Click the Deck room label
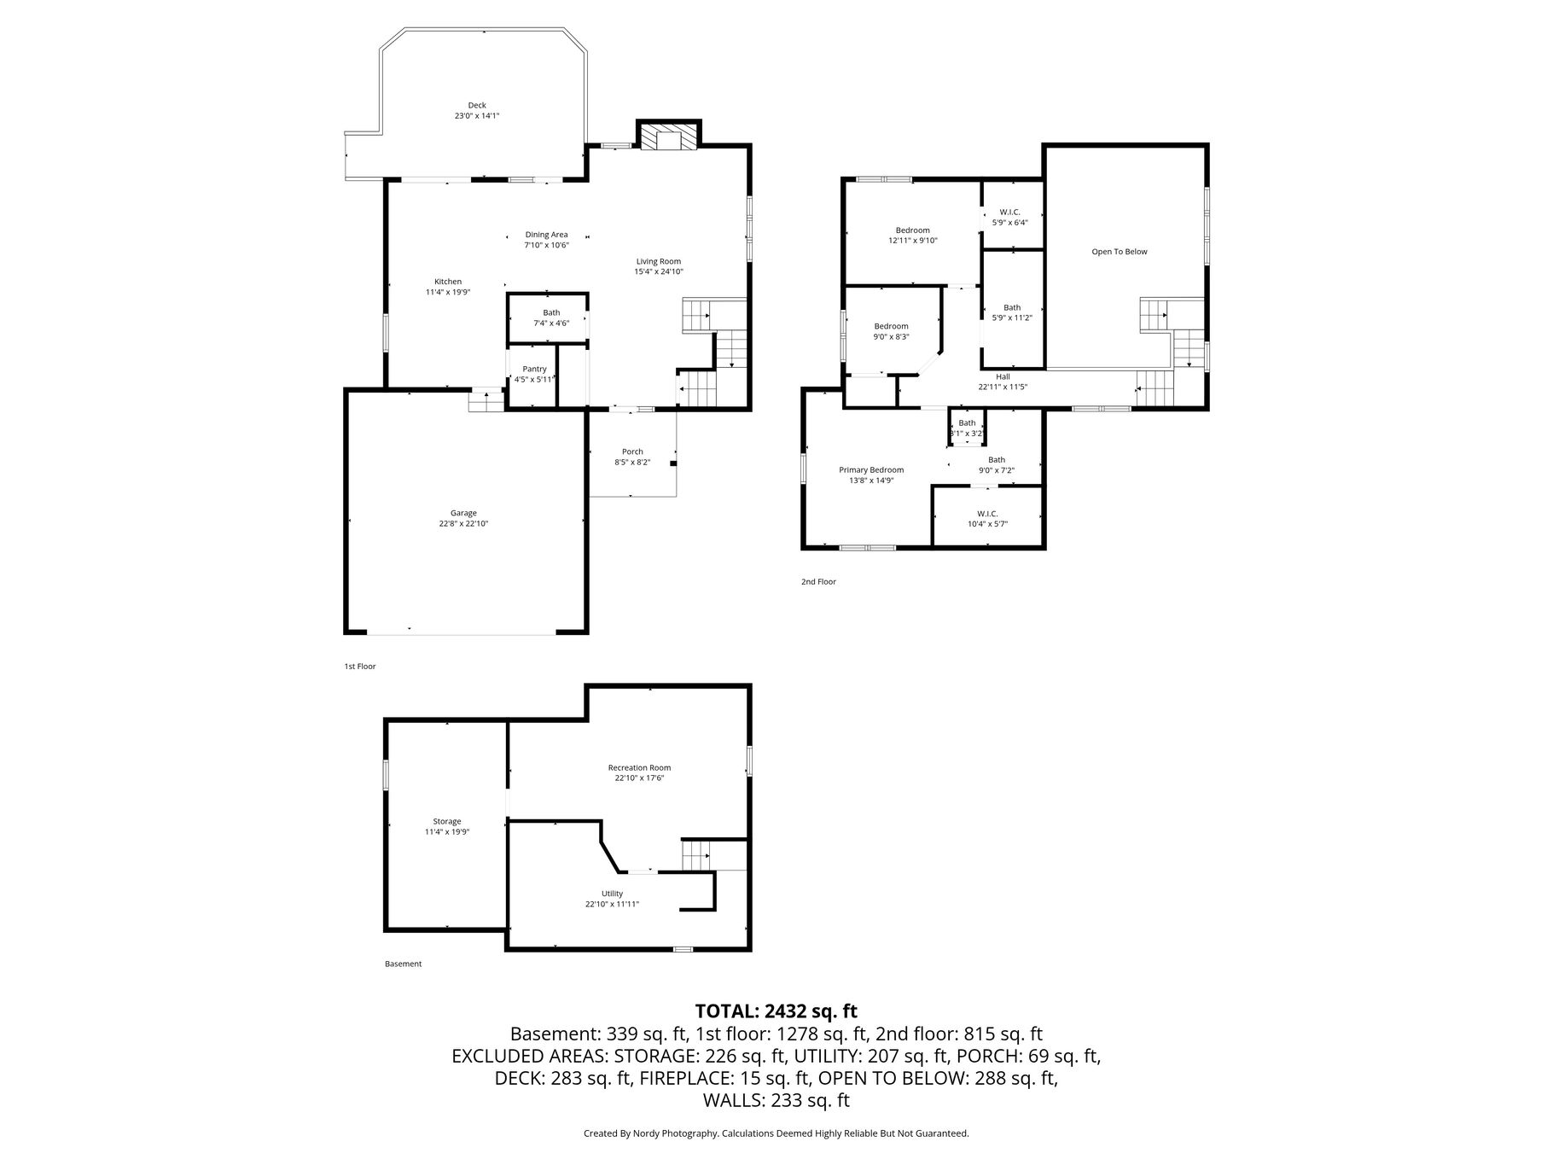tap(477, 105)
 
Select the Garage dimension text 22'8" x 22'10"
tap(464, 524)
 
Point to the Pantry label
tap(534, 369)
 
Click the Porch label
tap(632, 451)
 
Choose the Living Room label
tap(659, 261)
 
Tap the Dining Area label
tap(546, 235)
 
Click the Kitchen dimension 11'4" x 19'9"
tap(448, 292)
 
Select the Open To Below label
tap(1120, 252)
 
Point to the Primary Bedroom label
tap(871, 470)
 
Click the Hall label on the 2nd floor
tap(1003, 376)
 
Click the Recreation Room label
tap(639, 767)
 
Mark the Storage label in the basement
tap(447, 821)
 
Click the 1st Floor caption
tap(359, 667)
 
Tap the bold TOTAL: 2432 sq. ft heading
tap(776, 1011)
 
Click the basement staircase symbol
tap(695, 854)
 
